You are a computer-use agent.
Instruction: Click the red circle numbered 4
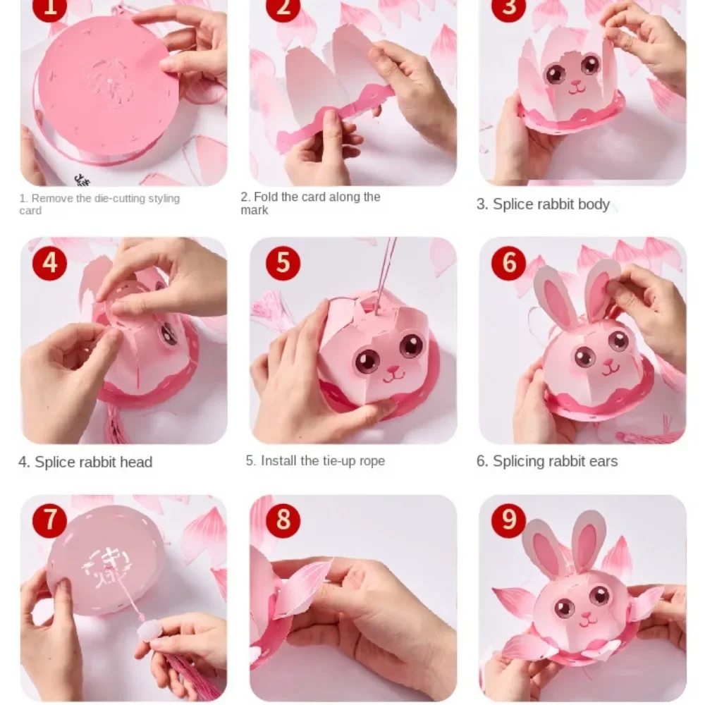[50, 264]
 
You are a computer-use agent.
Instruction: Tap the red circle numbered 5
[283, 264]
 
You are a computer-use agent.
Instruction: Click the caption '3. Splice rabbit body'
[542, 204]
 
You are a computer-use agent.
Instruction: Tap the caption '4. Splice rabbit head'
[85, 462]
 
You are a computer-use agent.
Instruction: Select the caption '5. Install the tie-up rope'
[315, 461]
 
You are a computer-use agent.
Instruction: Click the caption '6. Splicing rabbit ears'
[546, 462]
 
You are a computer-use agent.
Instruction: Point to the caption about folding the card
[310, 203]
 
